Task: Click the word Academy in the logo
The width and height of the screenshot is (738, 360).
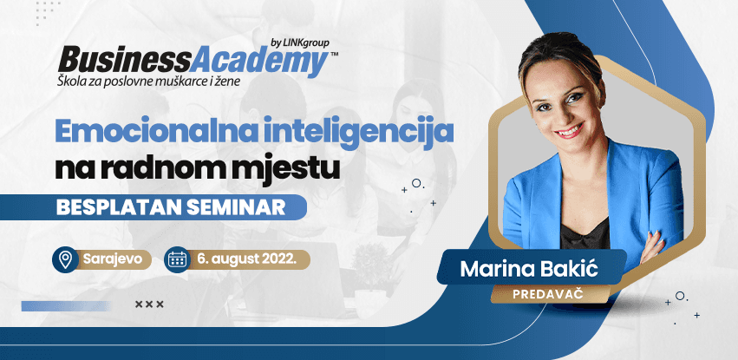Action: (258, 61)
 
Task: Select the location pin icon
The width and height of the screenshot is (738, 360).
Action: (63, 259)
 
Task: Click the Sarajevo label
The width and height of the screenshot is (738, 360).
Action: (112, 259)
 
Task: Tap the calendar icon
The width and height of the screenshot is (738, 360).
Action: (177, 259)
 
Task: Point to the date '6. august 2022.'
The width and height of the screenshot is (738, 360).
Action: (247, 259)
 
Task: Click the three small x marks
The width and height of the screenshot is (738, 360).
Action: (149, 304)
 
